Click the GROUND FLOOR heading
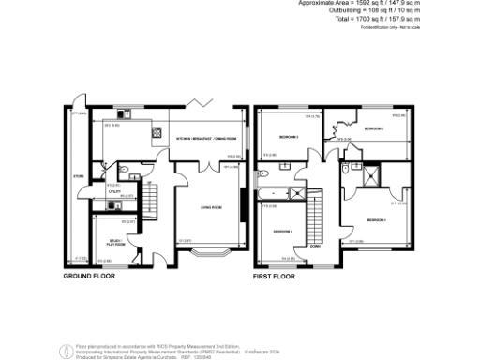pyautogui.click(x=89, y=277)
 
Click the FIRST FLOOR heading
pyautogui.click(x=275, y=277)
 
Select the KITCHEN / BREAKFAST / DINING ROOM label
pyautogui.click(x=209, y=139)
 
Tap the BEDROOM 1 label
pyautogui.click(x=377, y=219)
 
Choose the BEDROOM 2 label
pyautogui.click(x=374, y=128)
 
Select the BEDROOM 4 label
pyautogui.click(x=282, y=231)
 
